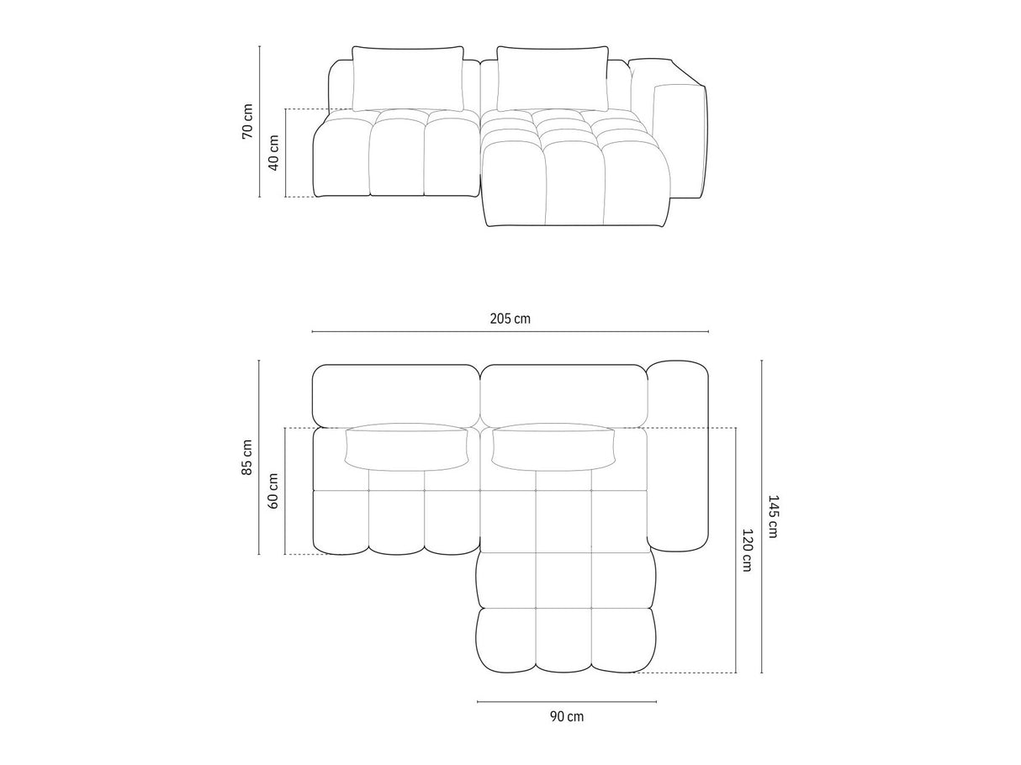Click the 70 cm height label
click(247, 121)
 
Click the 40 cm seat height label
click(273, 153)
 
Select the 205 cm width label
click(510, 319)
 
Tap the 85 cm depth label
click(247, 457)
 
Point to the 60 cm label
click(273, 491)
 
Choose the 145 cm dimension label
click(773, 516)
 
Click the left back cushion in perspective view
click(407, 78)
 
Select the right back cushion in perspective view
click(553, 78)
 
